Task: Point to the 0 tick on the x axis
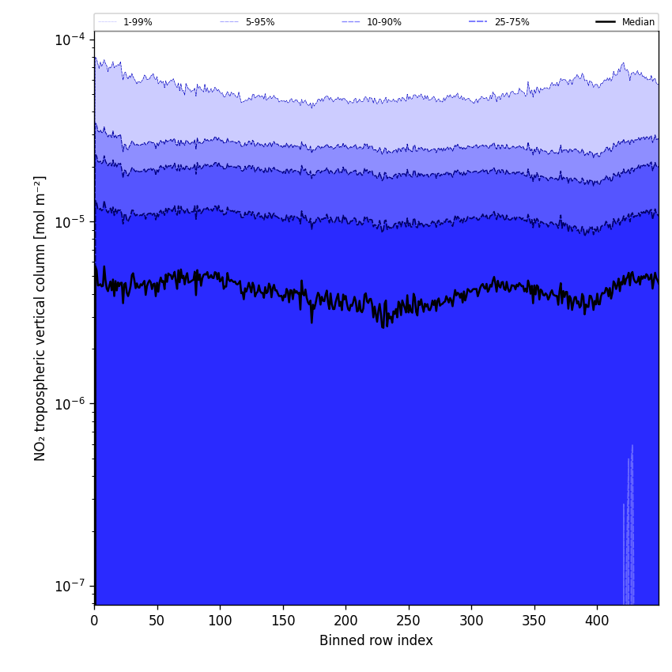click(x=94, y=621)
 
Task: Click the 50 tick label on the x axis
click(x=157, y=621)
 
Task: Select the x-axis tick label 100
click(x=220, y=621)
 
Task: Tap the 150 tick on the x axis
click(x=282, y=621)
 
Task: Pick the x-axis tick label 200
click(x=345, y=621)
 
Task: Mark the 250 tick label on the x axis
click(x=408, y=621)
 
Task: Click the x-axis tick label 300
click(x=471, y=621)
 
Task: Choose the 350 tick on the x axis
click(x=534, y=621)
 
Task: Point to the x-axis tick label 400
click(x=597, y=621)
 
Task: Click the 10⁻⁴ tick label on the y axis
click(x=70, y=39)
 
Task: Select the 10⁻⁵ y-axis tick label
click(x=70, y=221)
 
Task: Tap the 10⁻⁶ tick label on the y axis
click(x=70, y=403)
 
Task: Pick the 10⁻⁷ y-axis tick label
click(x=70, y=586)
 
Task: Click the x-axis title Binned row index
click(x=376, y=640)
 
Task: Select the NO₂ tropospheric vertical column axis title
click(x=40, y=318)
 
